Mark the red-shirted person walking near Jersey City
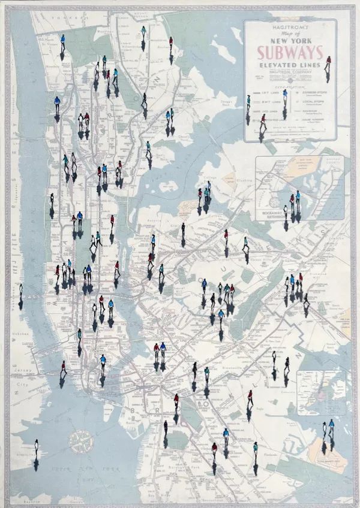point(62,366)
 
